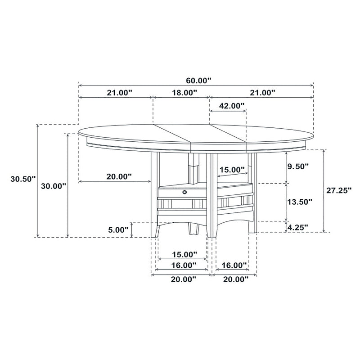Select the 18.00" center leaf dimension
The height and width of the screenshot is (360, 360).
pos(184,93)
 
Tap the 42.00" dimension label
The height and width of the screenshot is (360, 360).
pos(231,106)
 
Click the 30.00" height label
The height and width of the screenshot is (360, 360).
pos(54,185)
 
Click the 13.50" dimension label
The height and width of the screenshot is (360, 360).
pos(299,202)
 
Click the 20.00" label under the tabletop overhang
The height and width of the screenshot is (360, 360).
pos(119,176)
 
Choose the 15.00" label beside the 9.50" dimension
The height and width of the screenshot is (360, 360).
pos(232,170)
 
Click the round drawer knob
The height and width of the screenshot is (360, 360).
pos(185,192)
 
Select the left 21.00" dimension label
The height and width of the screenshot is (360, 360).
pos(119,93)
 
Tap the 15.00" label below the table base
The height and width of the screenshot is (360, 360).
pos(184,255)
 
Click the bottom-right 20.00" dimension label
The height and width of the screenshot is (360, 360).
pos(235,280)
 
